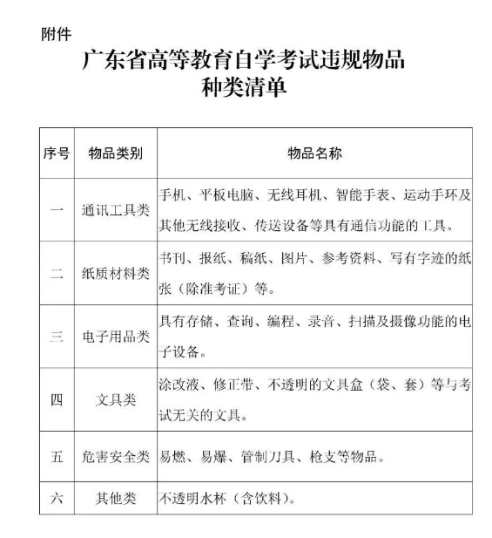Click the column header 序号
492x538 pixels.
click(57, 153)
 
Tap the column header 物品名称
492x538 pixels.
click(315, 153)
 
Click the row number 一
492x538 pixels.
click(57, 210)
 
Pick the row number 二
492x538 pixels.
click(57, 274)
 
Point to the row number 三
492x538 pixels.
click(57, 337)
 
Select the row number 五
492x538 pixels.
click(57, 456)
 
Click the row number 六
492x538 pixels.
click(57, 500)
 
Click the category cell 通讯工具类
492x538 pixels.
click(116, 210)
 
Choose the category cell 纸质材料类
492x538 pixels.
click(116, 274)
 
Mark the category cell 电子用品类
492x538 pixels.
click(116, 337)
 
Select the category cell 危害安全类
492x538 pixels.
click(116, 456)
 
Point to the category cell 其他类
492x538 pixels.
click(116, 500)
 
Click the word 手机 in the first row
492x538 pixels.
click(172, 195)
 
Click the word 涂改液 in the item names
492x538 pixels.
click(178, 385)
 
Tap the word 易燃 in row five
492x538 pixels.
click(172, 456)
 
